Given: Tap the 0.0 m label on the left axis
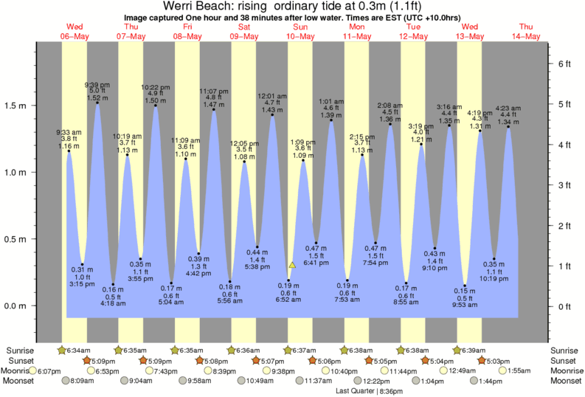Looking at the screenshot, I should pyautogui.click(x=17, y=305).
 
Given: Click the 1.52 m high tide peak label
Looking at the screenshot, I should pyautogui.click(x=97, y=98).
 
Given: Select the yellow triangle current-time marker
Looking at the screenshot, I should pyautogui.click(x=292, y=264).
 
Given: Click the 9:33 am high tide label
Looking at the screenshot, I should pyautogui.click(x=69, y=133).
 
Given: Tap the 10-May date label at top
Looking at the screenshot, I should pyautogui.click(x=301, y=35).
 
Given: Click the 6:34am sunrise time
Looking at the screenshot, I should pyautogui.click(x=78, y=350).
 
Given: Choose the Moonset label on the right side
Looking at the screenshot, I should pyautogui.click(x=565, y=381).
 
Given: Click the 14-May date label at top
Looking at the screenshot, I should pyautogui.click(x=530, y=35).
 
